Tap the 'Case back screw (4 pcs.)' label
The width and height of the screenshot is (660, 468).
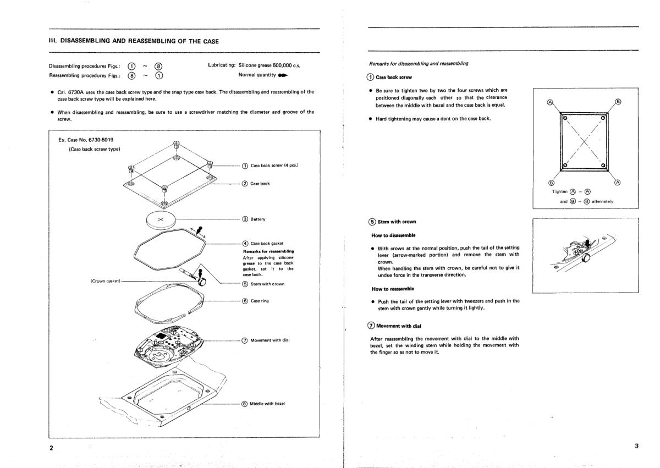[274, 166]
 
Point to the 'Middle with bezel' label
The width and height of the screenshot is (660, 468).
[267, 404]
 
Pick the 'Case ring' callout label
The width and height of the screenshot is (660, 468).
[260, 301]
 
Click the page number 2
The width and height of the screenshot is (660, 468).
[51, 447]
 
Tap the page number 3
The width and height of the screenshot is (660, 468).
[636, 446]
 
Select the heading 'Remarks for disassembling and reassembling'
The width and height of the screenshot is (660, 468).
[419, 64]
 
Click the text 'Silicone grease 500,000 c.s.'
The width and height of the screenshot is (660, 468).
[269, 65]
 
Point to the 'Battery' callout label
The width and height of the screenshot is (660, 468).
[258, 219]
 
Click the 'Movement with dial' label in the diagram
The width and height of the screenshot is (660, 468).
[269, 340]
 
